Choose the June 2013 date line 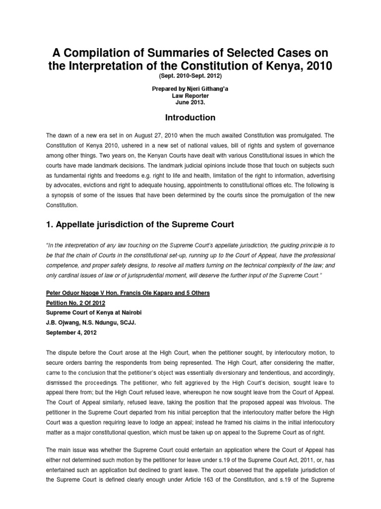coord(190,104)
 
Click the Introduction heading coord(190,118)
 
